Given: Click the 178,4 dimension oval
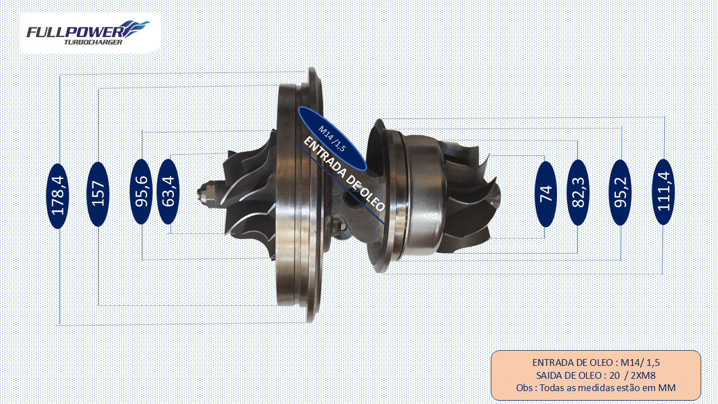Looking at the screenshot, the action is (x=58, y=196).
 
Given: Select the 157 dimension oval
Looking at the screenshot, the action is (x=98, y=194).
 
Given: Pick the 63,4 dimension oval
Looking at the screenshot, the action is (x=168, y=192).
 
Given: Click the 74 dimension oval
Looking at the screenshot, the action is (x=546, y=194).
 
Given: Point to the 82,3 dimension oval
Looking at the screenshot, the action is (x=578, y=192).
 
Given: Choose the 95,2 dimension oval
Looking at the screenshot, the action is (x=620, y=192).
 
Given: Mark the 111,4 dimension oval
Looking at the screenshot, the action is (x=664, y=192).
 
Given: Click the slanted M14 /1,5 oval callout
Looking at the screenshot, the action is (x=332, y=138).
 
